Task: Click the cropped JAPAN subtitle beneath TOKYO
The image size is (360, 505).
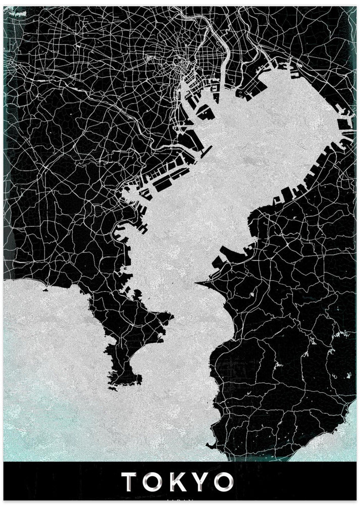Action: tap(179, 501)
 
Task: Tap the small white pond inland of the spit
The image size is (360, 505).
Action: tap(251, 293)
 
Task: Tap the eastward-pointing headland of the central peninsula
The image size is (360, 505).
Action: tap(171, 318)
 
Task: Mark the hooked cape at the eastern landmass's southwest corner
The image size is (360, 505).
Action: tap(211, 444)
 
